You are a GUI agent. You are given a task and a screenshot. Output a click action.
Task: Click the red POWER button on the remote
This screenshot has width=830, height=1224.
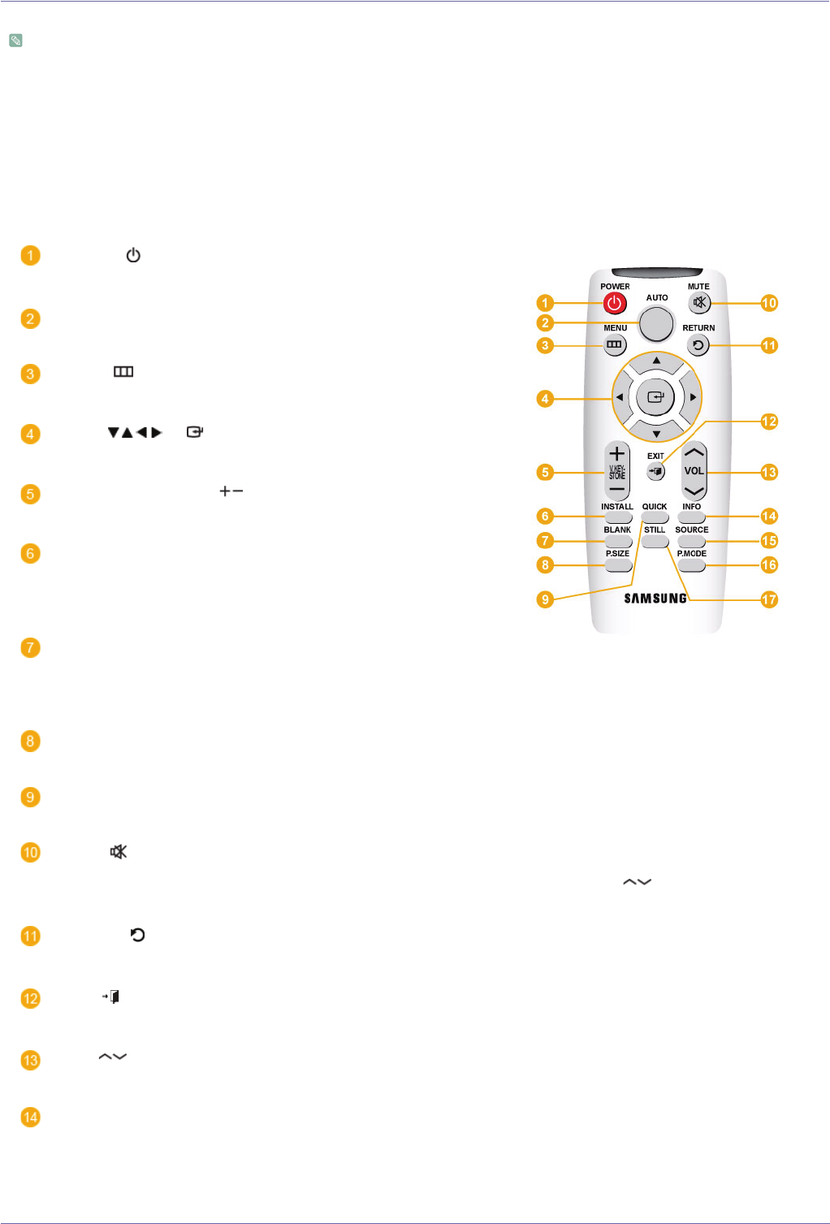click(615, 304)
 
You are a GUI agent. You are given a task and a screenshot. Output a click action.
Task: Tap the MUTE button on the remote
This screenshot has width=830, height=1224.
click(699, 303)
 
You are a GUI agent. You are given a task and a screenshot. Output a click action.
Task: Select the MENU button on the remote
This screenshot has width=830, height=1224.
click(615, 344)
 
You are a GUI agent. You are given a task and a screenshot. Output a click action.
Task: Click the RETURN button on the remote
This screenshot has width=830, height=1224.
click(698, 345)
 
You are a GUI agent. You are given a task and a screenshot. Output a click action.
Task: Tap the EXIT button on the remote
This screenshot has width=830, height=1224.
click(655, 471)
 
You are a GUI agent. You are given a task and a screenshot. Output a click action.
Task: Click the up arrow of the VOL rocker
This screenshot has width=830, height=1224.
click(694, 452)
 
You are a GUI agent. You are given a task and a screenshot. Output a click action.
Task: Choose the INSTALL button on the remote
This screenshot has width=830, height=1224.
click(617, 517)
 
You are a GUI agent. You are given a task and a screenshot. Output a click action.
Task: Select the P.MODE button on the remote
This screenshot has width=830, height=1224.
click(691, 564)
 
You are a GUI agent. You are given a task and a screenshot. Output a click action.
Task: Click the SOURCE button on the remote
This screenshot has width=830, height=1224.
click(691, 541)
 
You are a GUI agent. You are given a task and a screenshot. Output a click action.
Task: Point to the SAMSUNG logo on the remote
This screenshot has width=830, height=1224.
click(655, 599)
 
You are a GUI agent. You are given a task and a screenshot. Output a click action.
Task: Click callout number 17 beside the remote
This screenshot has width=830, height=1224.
click(769, 599)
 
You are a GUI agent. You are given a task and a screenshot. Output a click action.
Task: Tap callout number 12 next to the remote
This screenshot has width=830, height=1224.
click(769, 422)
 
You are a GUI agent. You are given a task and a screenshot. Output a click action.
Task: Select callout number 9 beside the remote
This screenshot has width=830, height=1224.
click(545, 599)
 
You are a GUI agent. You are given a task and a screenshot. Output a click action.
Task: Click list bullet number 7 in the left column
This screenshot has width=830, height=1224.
click(30, 648)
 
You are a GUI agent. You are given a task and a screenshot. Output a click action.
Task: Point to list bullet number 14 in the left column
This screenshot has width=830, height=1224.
click(30, 1118)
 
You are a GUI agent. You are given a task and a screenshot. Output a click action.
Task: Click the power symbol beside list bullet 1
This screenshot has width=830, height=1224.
click(133, 256)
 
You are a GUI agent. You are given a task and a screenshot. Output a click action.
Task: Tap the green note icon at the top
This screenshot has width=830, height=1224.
click(15, 40)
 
